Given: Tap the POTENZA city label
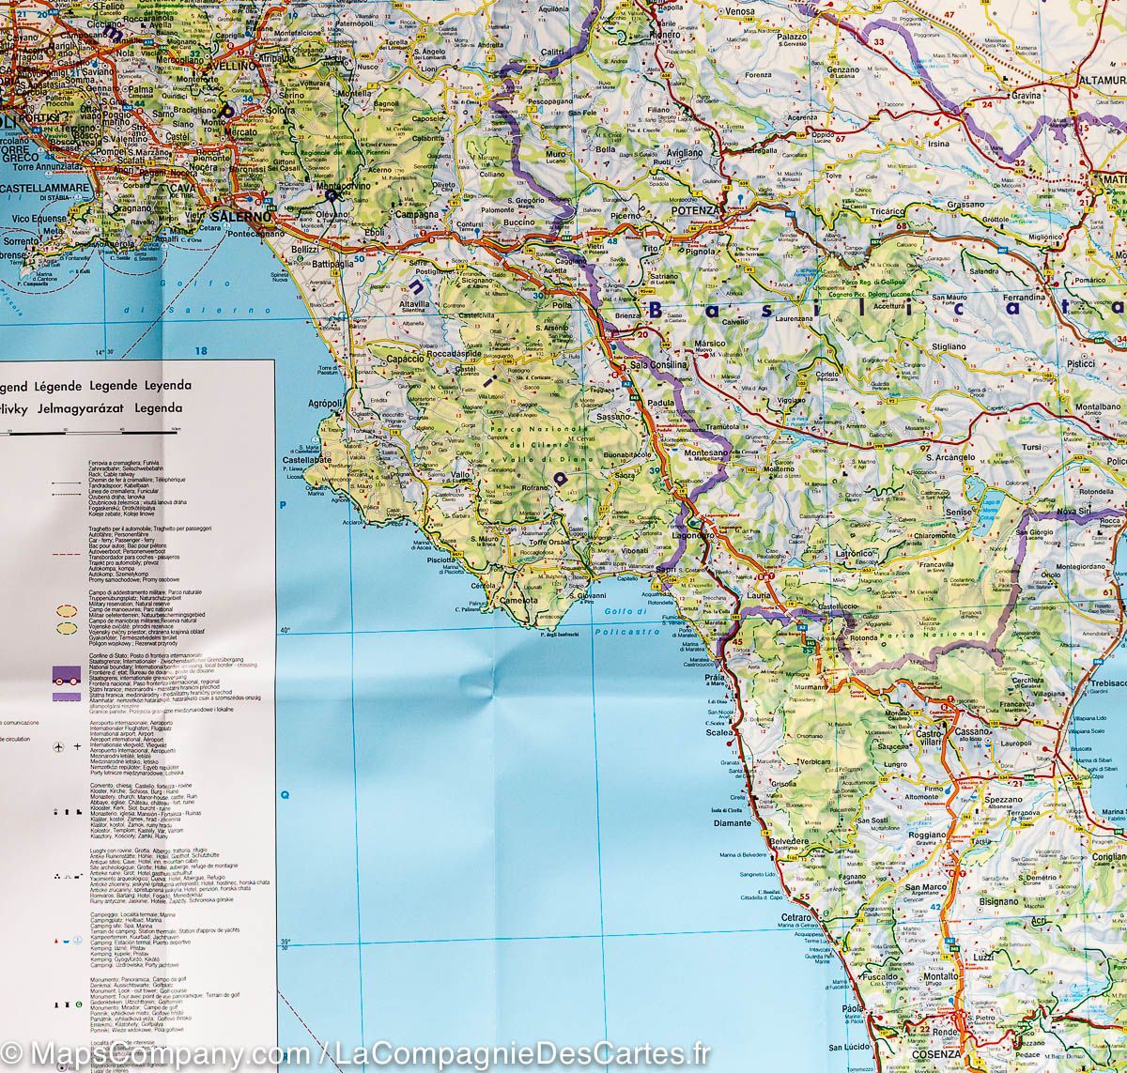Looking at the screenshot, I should pyautogui.click(x=696, y=211).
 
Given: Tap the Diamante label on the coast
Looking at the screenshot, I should pyautogui.click(x=732, y=823).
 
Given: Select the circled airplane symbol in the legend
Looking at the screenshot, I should pyautogui.click(x=59, y=745).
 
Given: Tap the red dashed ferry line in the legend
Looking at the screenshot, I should pyautogui.click(x=64, y=556).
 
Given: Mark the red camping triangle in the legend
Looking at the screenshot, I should pyautogui.click(x=63, y=939).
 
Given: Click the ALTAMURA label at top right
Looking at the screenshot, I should pyautogui.click(x=1102, y=81).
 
